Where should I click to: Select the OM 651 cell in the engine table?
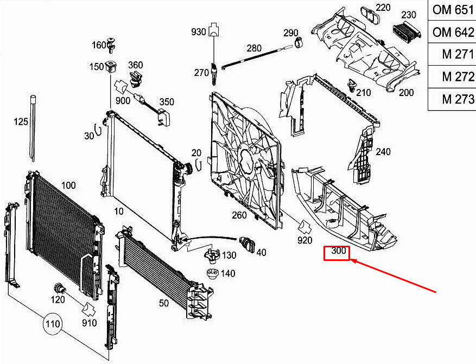[x=453, y=10]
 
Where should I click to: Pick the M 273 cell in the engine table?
[x=453, y=99]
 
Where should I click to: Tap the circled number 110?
[x=53, y=325]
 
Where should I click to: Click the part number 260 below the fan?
[x=239, y=215]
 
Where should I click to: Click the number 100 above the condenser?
[x=68, y=186]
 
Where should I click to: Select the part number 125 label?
[x=21, y=122]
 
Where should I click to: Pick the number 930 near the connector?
[x=199, y=33]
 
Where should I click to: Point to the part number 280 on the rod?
[x=254, y=48]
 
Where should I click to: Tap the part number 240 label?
[x=383, y=152]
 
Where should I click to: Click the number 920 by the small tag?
[x=304, y=240]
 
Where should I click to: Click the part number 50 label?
[x=164, y=303]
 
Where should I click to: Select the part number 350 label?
[x=166, y=101]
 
